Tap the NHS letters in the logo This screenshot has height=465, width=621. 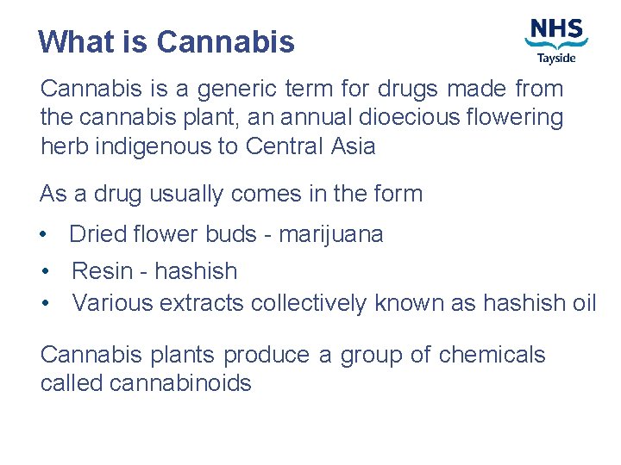point(556,29)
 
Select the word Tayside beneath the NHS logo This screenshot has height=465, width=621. point(556,58)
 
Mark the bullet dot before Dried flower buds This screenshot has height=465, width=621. point(44,235)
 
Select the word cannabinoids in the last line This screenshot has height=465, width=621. point(180,383)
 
